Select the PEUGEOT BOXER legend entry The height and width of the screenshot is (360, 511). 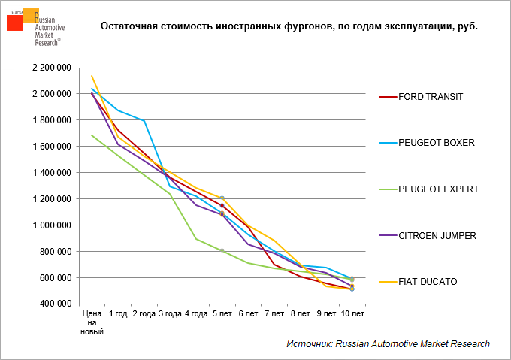click(x=436, y=142)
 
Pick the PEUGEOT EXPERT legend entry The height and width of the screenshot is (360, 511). click(x=439, y=189)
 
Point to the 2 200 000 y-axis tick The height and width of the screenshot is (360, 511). click(x=51, y=68)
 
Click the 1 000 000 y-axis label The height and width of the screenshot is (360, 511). click(x=51, y=225)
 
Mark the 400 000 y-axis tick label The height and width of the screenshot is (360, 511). click(x=56, y=304)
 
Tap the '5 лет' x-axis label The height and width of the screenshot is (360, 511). click(x=222, y=313)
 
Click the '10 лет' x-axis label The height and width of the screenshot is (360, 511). click(x=352, y=313)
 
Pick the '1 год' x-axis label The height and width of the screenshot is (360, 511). click(x=118, y=313)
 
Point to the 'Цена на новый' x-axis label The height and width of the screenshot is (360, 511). click(x=92, y=322)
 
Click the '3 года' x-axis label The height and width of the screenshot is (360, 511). click(x=170, y=313)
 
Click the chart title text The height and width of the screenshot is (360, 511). click(x=289, y=26)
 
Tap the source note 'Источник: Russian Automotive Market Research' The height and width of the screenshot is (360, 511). click(x=388, y=343)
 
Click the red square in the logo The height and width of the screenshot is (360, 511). click(x=15, y=23)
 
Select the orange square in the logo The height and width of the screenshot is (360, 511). click(x=32, y=15)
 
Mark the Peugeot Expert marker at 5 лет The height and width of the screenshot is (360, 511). click(x=222, y=251)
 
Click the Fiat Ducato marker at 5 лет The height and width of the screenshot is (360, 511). click(x=222, y=198)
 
